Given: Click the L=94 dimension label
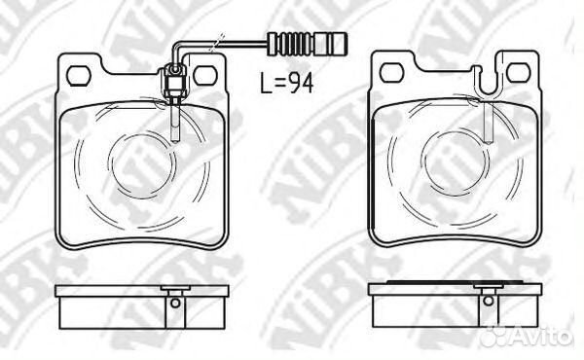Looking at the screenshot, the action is click(287, 84).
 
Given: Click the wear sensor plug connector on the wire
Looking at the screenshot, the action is click(308, 44).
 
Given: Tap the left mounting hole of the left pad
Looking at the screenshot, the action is click(79, 76).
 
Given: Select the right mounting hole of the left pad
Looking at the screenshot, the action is click(204, 76).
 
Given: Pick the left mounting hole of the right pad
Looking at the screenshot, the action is click(391, 73).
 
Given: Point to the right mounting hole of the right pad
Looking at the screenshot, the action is click(518, 73).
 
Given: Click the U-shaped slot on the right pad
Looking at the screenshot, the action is click(488, 85).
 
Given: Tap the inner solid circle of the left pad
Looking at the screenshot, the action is click(143, 165).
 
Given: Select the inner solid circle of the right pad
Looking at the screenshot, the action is click(456, 164).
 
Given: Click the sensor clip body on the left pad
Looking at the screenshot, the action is click(174, 83).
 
